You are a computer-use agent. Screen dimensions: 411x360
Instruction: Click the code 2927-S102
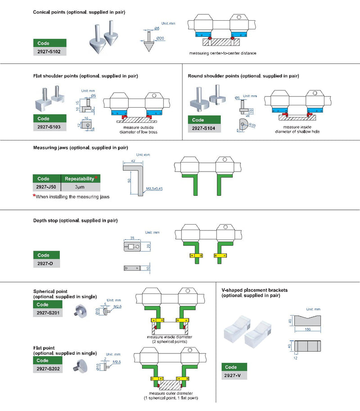49,51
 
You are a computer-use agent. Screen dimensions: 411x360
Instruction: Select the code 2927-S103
49,127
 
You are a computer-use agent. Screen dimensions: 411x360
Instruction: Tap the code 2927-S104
204,129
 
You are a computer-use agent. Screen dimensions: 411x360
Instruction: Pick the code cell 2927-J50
46,186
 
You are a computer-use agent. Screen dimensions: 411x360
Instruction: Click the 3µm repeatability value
79,186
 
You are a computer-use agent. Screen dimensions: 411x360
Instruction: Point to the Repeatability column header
79,178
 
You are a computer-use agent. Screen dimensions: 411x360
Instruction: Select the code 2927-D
49,263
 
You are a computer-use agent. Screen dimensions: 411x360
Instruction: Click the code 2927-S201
49,313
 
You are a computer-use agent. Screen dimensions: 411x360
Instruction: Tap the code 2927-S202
49,369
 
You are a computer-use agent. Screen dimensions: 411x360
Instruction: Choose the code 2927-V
234,375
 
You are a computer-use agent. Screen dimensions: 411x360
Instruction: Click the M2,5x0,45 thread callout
153,189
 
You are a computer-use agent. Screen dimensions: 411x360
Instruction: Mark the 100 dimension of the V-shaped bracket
307,330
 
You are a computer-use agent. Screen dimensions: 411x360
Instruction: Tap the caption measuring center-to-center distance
223,53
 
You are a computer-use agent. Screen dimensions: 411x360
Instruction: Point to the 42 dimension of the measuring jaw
133,160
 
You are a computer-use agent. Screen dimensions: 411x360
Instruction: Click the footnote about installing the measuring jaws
72,197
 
